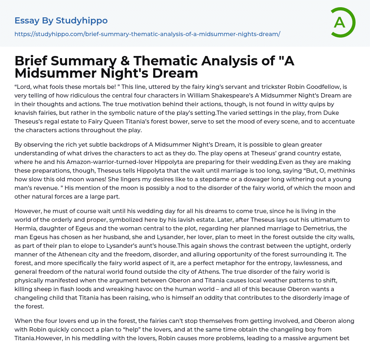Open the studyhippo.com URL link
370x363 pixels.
(x=147, y=34)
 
